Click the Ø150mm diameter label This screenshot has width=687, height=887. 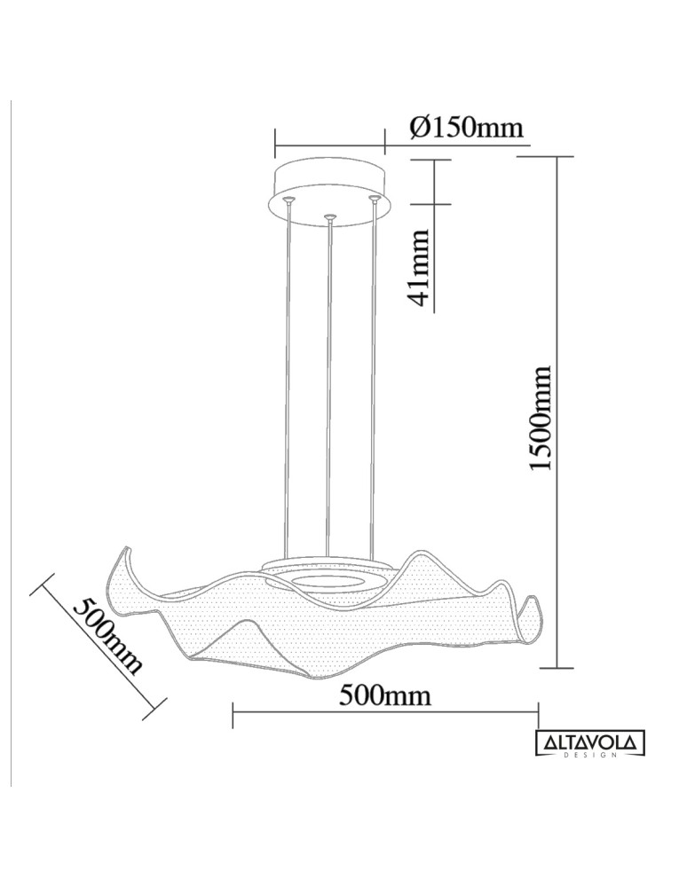tap(467, 128)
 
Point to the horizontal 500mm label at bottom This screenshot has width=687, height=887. tap(385, 695)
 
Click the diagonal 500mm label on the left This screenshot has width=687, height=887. tap(107, 635)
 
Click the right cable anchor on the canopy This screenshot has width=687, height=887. tap(375, 199)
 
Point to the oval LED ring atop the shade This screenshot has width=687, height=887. tap(328, 581)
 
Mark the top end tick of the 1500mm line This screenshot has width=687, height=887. tap(557, 157)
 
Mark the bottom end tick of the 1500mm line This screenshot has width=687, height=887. tap(557, 667)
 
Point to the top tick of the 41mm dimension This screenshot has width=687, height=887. tap(435, 161)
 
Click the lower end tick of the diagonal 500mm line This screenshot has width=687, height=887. tap(155, 707)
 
